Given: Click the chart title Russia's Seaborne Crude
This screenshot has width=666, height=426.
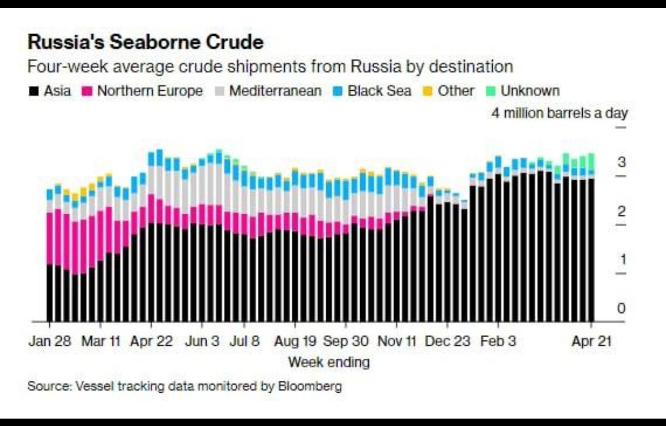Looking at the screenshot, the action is coord(146,42).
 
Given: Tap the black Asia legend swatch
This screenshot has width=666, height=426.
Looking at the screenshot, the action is coord(33,91).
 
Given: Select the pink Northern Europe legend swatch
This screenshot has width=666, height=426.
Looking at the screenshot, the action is coord(87,91).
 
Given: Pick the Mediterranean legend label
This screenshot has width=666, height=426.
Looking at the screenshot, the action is coord(275,91).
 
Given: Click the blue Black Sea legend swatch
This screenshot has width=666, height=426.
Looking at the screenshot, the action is coord(338,91).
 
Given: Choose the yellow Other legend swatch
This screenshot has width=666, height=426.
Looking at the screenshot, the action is coord(428,91).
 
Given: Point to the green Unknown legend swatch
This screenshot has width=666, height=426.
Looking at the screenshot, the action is coord(491,91).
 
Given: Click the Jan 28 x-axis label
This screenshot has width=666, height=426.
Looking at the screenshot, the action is coord(50,341).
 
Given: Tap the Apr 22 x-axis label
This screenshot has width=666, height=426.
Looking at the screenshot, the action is coord(151,341).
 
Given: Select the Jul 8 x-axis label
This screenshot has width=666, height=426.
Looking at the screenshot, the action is coord(244,341).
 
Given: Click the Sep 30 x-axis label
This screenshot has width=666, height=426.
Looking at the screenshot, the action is coord(346,341).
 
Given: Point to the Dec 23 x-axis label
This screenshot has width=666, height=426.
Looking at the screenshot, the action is coord(447,341).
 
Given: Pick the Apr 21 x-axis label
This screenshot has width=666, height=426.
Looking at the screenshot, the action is coord(591,341).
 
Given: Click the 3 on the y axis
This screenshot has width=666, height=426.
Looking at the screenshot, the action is coord(622,162).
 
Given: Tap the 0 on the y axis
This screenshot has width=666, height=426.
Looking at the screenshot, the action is coord(622,308).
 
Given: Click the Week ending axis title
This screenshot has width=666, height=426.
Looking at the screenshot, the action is coord(329,362).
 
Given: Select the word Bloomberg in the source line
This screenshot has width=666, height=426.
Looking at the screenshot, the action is coord(310,386).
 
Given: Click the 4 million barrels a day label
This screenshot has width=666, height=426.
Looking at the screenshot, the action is coord(559,113).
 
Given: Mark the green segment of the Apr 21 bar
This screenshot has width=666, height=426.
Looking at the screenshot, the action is coord(591,162).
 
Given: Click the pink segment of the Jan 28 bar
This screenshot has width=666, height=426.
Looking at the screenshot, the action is coord(50,238).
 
